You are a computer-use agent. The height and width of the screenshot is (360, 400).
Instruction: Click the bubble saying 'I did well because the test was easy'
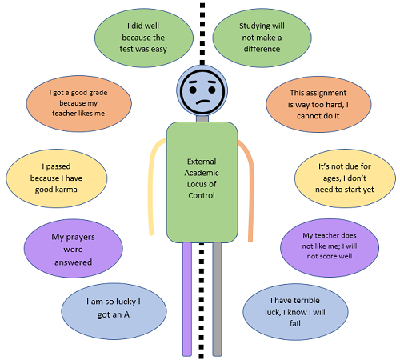click(144, 38)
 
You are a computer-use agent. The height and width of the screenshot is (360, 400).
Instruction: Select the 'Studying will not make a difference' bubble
click(262, 38)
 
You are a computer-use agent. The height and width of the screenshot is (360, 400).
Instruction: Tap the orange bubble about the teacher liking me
click(78, 103)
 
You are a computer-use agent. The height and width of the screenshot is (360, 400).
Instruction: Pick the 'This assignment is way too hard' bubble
click(318, 104)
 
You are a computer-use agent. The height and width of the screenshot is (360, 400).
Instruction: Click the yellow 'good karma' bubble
click(57, 178)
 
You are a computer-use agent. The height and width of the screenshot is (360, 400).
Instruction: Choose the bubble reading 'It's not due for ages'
click(345, 178)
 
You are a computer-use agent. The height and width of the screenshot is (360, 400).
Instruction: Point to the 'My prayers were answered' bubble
click(74, 249)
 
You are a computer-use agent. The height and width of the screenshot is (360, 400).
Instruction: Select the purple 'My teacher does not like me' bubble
click(330, 248)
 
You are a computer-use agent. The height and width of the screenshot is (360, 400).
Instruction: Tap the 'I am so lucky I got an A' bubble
click(114, 311)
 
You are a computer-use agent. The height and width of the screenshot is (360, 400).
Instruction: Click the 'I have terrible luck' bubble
click(295, 312)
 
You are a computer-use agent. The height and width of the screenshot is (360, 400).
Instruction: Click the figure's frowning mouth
click(203, 102)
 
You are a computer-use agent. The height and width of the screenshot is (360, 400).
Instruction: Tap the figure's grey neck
click(202, 118)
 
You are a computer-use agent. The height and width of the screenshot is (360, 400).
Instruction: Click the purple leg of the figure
click(187, 299)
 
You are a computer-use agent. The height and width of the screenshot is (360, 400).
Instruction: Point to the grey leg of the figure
click(218, 299)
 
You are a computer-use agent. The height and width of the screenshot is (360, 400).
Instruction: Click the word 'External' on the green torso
click(202, 162)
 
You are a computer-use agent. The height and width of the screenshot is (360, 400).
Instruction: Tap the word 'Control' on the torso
click(202, 195)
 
